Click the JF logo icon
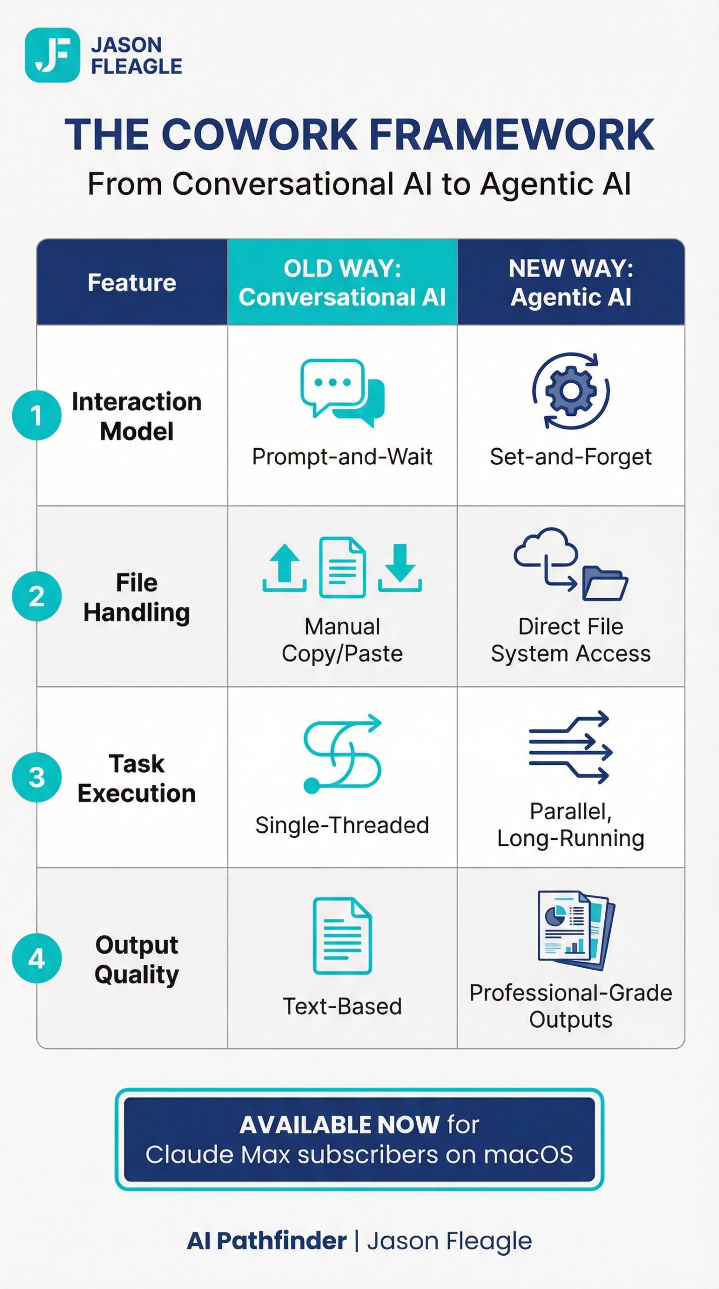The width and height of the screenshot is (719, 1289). pos(52,55)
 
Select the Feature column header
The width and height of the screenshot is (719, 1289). pos(132,282)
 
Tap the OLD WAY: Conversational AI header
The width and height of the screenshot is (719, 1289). pos(342,282)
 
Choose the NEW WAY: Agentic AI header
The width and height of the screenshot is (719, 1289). pos(571,282)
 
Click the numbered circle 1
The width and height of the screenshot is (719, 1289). pos(37,415)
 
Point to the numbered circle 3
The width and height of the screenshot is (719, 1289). pos(37,777)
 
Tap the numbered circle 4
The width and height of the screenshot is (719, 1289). pos(37,958)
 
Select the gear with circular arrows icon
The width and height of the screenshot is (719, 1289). pos(571,391)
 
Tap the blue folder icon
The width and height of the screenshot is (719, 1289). pos(604,584)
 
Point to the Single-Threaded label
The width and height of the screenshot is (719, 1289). pos(342,825)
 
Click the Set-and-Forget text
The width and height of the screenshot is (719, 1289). pos(571,457)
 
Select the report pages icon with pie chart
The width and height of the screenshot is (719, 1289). pos(576,930)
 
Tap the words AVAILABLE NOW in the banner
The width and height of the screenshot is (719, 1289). pos(339,1124)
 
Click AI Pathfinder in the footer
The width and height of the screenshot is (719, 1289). pos(267,1241)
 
